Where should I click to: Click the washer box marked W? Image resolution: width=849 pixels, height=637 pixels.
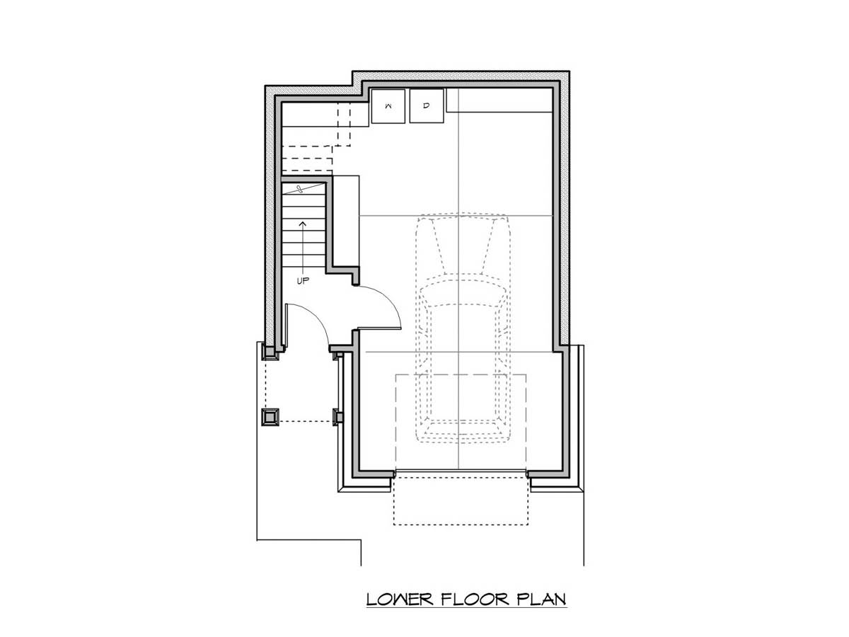tap(388, 106)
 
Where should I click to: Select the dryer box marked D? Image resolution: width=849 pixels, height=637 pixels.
tap(426, 106)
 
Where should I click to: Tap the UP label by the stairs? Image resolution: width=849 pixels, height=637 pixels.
tap(303, 281)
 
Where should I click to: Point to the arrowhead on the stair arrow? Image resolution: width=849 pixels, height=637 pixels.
tap(303, 224)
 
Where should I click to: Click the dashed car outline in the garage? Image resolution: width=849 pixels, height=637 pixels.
tap(462, 328)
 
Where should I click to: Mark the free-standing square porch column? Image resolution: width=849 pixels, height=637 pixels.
tap(270, 417)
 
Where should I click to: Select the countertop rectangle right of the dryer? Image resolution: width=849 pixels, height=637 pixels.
tap(499, 101)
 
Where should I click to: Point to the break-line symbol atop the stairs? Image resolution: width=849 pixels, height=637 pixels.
tap(300, 189)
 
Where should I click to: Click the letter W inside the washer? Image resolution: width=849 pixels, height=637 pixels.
tap(388, 106)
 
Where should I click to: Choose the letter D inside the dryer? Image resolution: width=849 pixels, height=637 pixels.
tap(426, 105)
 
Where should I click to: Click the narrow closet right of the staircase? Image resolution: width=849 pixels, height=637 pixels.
tap(346, 221)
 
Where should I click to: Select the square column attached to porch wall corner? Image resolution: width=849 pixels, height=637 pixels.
tap(270, 352)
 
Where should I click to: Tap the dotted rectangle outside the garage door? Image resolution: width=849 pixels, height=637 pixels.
tap(461, 501)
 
